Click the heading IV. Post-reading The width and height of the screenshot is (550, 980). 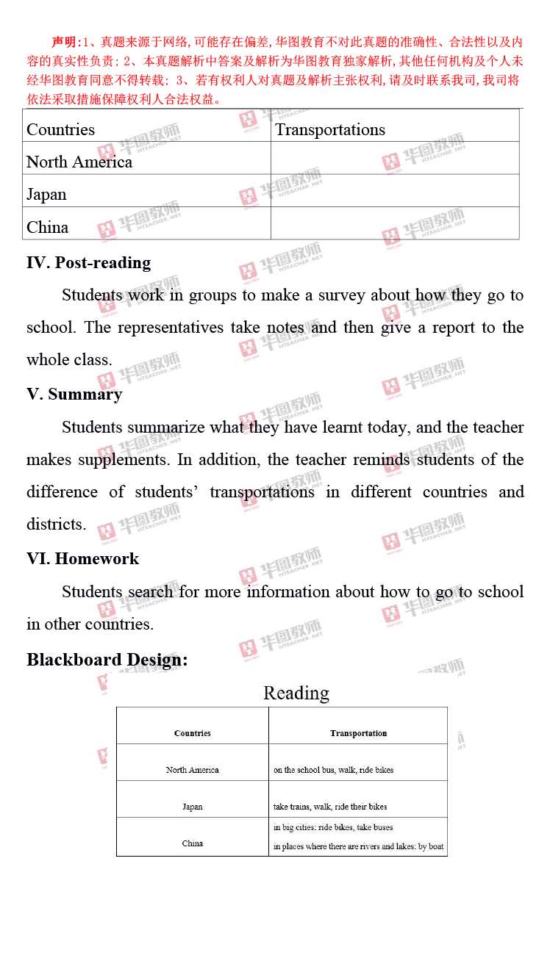click(x=88, y=263)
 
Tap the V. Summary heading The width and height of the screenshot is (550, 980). click(x=74, y=394)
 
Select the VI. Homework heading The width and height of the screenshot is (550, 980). click(x=82, y=559)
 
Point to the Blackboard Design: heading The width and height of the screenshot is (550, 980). click(x=107, y=660)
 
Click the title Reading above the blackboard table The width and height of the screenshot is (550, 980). click(x=296, y=693)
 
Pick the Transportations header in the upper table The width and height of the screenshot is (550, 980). click(x=329, y=130)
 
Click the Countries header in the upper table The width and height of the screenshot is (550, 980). click(x=60, y=130)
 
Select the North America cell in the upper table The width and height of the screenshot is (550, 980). click(x=79, y=162)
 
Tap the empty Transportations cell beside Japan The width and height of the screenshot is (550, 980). click(x=395, y=195)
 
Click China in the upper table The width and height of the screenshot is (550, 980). click(x=47, y=228)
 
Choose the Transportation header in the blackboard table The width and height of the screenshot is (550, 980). click(x=358, y=733)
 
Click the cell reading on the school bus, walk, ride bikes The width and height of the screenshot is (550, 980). click(x=333, y=770)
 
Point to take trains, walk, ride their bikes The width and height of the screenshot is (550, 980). click(x=330, y=807)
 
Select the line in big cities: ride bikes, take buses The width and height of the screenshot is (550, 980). click(x=333, y=827)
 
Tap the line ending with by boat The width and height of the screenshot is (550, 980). click(x=358, y=846)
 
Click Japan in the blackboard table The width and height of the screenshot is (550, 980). click(x=193, y=807)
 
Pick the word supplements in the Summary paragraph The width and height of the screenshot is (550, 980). click(x=124, y=460)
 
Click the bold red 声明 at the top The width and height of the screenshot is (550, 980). click(x=65, y=42)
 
